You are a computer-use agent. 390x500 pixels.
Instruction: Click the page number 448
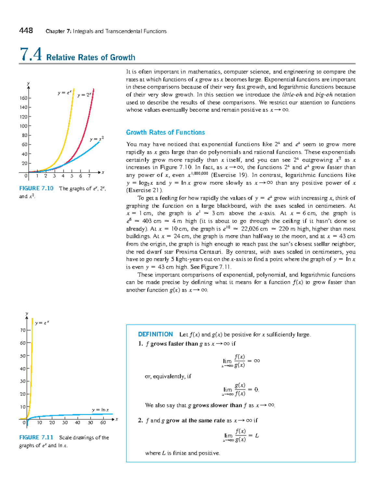coord(26,31)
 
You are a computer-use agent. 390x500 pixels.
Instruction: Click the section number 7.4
coord(31,54)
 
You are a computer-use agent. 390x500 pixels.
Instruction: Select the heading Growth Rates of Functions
coord(165,132)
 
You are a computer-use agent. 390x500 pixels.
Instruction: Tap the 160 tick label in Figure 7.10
coord(23,98)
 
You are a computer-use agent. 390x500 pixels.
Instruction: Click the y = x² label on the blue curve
coord(97,139)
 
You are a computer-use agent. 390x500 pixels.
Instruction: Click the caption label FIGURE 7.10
coord(36,188)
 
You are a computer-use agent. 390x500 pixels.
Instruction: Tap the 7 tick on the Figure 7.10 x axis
coord(89,176)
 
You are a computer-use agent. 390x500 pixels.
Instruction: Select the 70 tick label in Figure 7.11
coord(23,330)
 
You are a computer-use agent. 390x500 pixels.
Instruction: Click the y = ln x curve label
coord(100,410)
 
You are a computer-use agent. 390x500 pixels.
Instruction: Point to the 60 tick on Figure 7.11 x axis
coord(103,423)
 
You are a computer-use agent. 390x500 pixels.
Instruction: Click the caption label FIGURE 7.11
coord(36,437)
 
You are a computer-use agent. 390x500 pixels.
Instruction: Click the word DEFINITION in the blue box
coord(155,334)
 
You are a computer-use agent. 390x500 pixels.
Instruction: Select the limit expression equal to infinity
coord(241,361)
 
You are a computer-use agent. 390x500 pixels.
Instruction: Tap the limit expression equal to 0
coord(240,390)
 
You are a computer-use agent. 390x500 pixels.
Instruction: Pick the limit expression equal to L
coord(241,436)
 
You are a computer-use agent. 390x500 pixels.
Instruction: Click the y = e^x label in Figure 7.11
coord(42,323)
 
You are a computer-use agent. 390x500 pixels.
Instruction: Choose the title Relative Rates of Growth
coord(91,58)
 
